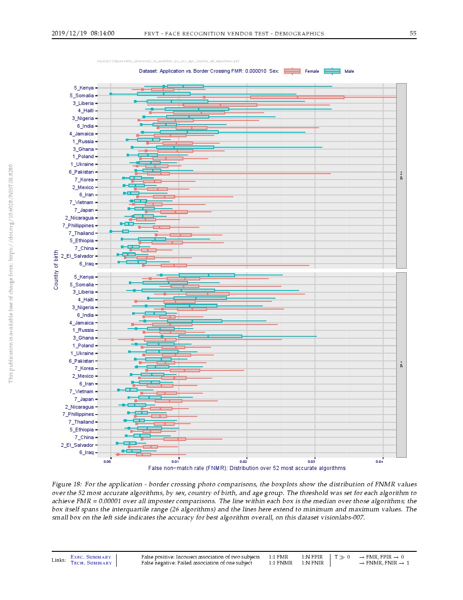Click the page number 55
(x=413, y=33)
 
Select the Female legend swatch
(x=292, y=71)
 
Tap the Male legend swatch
(x=332, y=71)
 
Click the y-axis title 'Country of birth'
(x=56, y=270)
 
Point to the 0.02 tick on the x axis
(x=243, y=461)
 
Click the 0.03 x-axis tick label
(x=311, y=461)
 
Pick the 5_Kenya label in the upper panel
(x=84, y=88)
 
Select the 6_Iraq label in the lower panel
(x=86, y=452)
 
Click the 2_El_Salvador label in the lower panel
(x=77, y=445)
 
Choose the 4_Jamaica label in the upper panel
(x=81, y=134)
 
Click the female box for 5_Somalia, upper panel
(x=297, y=97)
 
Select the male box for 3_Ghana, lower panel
(x=210, y=336)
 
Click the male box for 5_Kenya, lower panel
(x=207, y=275)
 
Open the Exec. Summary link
(x=91, y=557)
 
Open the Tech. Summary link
(x=91, y=563)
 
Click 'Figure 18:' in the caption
(x=67, y=484)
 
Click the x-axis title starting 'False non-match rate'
(x=246, y=468)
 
